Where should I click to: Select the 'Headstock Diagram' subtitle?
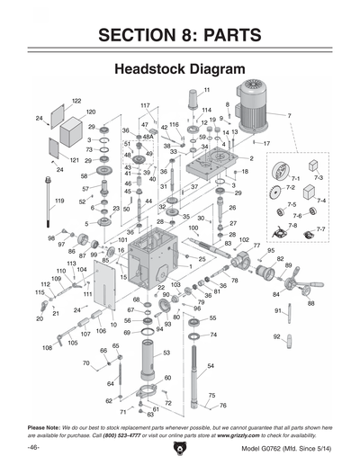pos(180,69)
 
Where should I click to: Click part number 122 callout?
pos(76,101)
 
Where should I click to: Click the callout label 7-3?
pos(318,179)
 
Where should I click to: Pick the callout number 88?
pos(310,303)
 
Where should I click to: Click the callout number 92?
pos(277,336)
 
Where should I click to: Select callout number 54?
pos(210,366)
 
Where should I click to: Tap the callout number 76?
pos(222,406)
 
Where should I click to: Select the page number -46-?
pos(33,447)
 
